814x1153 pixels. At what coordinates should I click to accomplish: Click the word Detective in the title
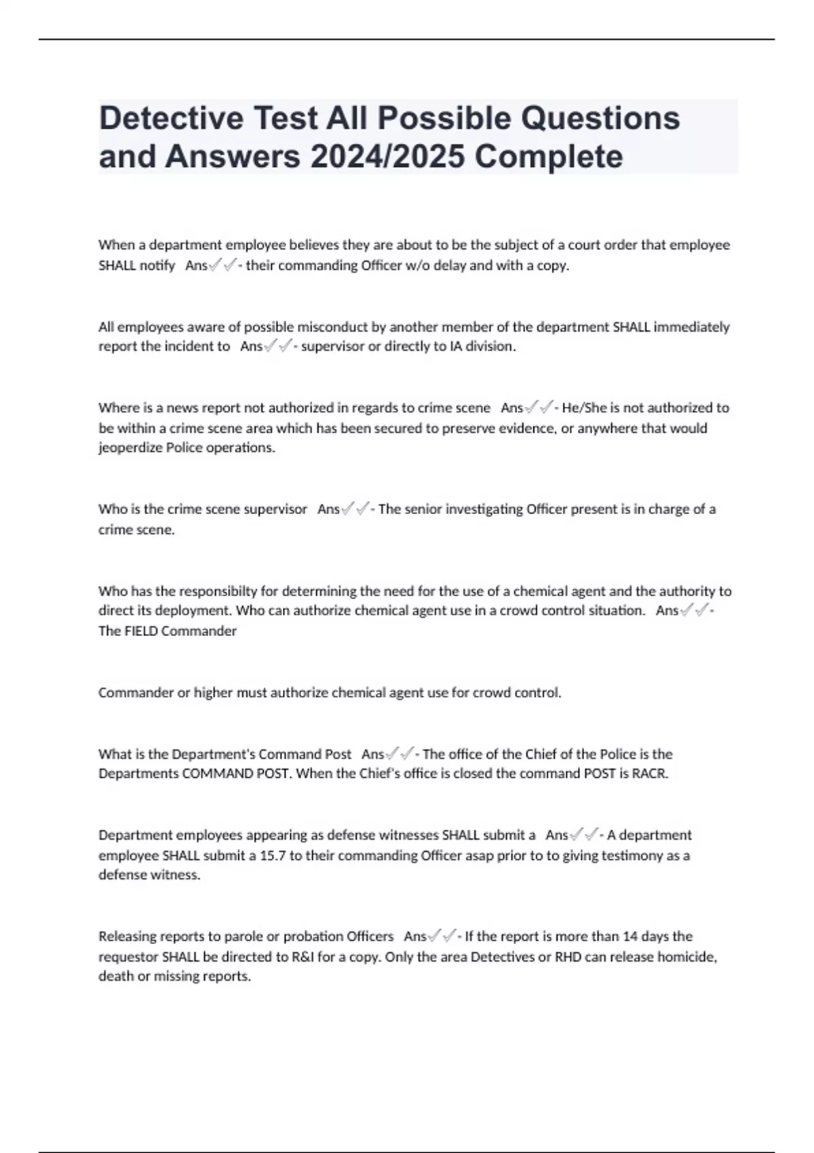171,119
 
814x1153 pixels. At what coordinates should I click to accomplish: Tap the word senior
425,509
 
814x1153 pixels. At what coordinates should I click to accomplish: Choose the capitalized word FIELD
140,631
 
